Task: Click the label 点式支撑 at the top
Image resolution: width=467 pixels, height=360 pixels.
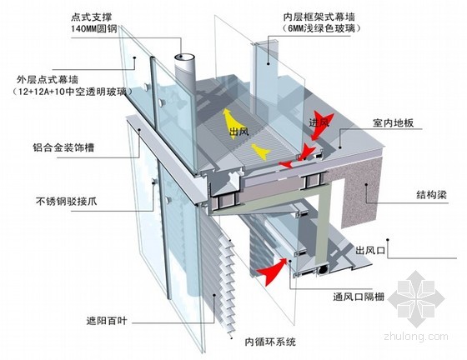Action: [91, 17]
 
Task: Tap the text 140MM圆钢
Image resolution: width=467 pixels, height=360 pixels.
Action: [94, 29]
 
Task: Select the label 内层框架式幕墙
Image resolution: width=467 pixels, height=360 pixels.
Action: [319, 17]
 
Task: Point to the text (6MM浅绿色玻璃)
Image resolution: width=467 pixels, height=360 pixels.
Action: [321, 29]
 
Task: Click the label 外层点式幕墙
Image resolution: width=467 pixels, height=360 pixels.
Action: [48, 80]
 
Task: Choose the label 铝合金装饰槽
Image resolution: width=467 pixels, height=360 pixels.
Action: [63, 147]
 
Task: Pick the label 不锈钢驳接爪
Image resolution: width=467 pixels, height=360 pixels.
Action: [67, 202]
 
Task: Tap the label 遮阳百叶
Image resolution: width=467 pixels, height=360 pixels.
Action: [107, 321]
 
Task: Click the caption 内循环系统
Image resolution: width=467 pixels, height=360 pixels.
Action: [270, 342]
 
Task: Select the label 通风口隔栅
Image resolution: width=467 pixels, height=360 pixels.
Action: [359, 297]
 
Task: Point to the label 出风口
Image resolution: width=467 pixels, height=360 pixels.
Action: [370, 250]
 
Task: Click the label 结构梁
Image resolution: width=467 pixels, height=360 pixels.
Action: [432, 195]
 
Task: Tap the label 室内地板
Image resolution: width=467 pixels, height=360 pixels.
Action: [393, 122]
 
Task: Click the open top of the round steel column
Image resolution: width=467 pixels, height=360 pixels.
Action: [184, 57]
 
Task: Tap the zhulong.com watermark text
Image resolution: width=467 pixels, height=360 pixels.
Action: [416, 337]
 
